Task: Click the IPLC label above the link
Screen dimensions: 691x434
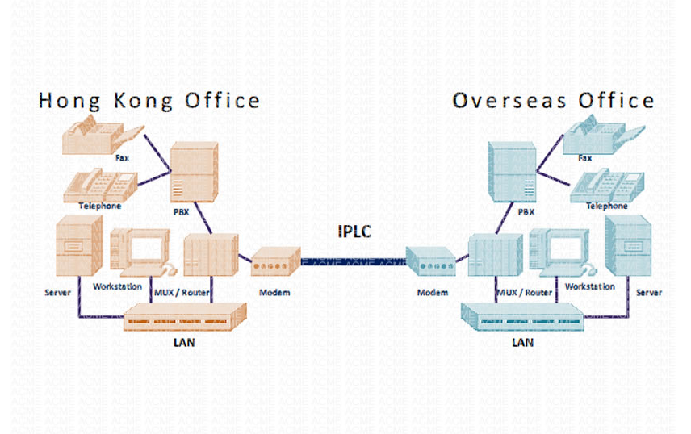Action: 354,232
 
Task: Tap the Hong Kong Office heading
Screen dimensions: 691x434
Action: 149,101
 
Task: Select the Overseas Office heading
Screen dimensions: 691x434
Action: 553,101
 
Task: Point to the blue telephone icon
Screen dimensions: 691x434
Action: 607,186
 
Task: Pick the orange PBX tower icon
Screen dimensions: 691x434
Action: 194,172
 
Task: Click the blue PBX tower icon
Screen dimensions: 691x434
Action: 512,172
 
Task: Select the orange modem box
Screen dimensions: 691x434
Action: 276,261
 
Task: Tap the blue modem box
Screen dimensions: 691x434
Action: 430,261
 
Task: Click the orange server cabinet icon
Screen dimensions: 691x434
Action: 79,246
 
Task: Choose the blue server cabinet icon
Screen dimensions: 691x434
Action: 628,246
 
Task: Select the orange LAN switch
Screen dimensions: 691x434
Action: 185,317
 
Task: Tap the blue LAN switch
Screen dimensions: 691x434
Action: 522,317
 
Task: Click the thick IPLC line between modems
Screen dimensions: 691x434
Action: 354,262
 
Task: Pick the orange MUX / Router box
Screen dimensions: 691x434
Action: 211,255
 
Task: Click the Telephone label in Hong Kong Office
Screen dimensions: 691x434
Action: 100,206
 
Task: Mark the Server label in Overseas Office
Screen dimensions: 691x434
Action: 649,292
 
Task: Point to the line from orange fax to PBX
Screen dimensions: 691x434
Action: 157,152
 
